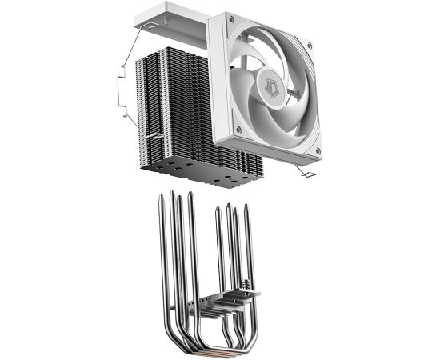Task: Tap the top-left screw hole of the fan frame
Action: coord(231,20)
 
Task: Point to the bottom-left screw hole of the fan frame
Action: coord(238,130)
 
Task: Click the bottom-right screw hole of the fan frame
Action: coord(318,151)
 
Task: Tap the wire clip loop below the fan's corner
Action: coord(306,172)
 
